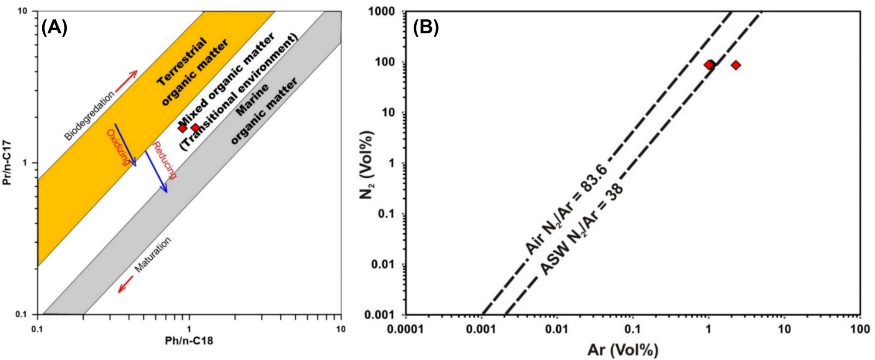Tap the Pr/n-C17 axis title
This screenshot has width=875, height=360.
(x=7, y=163)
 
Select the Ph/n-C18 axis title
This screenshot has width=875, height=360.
(x=189, y=340)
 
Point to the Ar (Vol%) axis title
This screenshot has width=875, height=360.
(x=623, y=350)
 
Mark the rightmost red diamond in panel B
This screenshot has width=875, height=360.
(x=735, y=65)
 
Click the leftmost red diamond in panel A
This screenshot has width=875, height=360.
(x=182, y=128)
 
